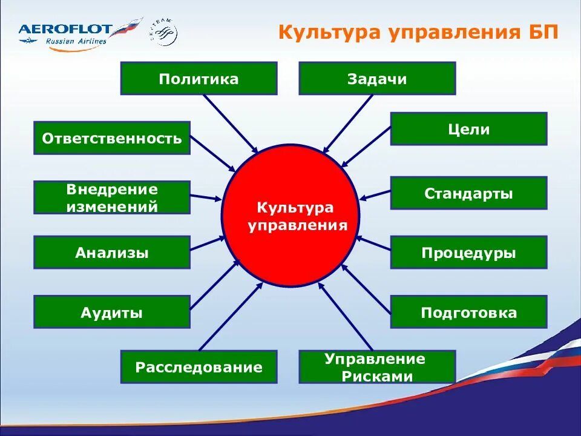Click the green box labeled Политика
pyautogui.click(x=199, y=79)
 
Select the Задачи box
pyautogui.click(x=377, y=79)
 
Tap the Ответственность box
pyautogui.click(x=112, y=138)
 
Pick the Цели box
pyautogui.click(x=468, y=129)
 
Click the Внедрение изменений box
pyautogui.click(x=112, y=197)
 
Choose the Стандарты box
pyautogui.click(x=468, y=193)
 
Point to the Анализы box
pyautogui.click(x=112, y=253)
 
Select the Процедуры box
pyautogui.click(x=468, y=253)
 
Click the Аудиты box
pyautogui.click(x=112, y=312)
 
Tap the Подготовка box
pyautogui.click(x=468, y=312)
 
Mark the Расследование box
pyautogui.click(x=199, y=366)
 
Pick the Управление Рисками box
pyautogui.click(x=377, y=367)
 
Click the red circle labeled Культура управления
pyautogui.click(x=290, y=216)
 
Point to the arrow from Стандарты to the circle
pyautogui.click(x=375, y=194)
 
